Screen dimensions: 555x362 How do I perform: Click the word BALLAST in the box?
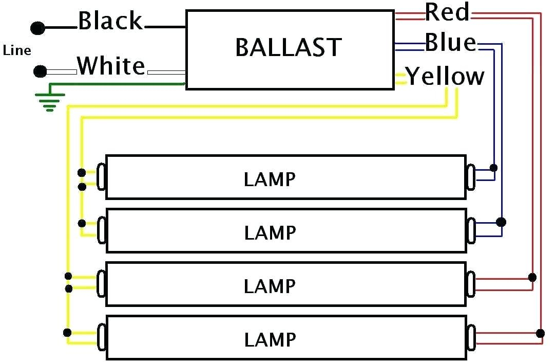289,47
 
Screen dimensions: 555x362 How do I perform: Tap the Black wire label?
110,21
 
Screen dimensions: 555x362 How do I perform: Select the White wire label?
111,66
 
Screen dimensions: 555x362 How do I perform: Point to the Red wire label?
447,12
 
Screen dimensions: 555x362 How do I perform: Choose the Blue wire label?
451,43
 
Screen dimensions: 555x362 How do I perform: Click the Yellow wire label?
445,76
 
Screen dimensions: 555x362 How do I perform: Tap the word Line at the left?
17,50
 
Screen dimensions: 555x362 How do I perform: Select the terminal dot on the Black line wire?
37,28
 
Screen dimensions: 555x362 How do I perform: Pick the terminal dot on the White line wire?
40,71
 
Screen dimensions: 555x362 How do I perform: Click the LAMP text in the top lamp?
270,179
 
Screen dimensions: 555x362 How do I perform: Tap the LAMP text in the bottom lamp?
270,339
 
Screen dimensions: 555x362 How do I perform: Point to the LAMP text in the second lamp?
270,233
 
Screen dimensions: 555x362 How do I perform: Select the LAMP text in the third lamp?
270,286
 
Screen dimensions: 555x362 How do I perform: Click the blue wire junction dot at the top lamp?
493,168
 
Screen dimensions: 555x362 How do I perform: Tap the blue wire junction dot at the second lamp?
501,222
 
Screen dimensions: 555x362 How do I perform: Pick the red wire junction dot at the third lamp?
532,277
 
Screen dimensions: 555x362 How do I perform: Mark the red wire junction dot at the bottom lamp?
540,333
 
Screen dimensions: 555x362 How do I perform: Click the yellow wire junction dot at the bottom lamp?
67,333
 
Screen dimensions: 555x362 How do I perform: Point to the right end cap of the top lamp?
471,176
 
